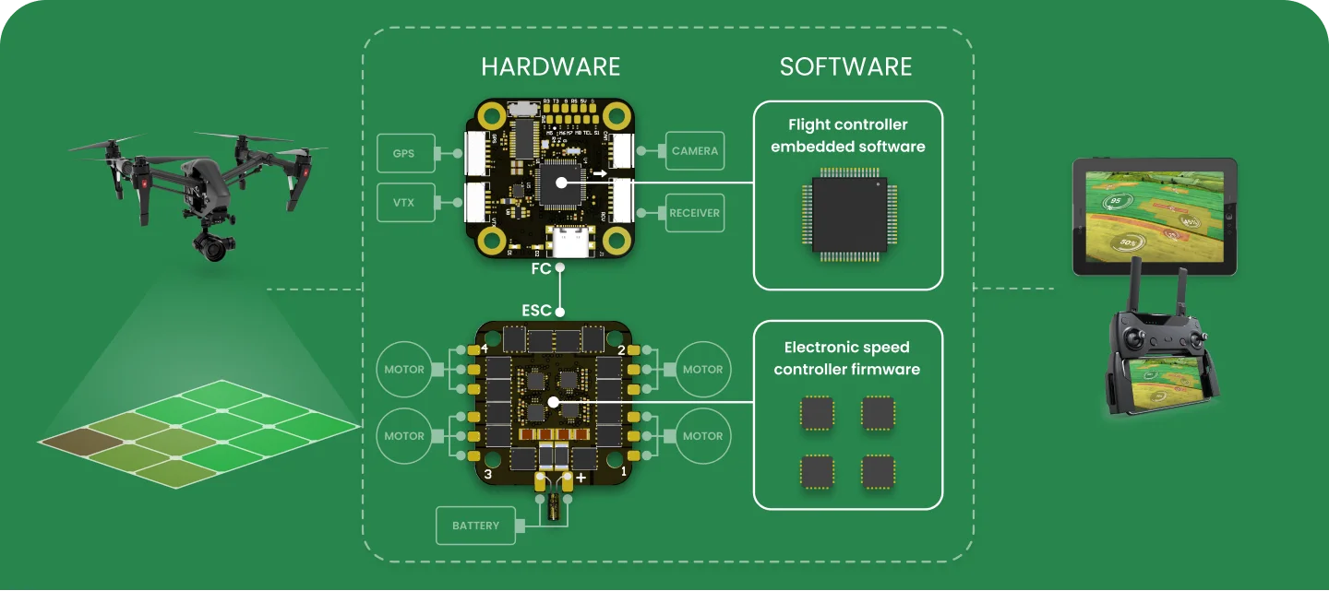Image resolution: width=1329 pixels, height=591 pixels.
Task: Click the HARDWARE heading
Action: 550,67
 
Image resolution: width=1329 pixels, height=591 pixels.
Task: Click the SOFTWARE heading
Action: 845,67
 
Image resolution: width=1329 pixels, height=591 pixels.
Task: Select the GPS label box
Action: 403,153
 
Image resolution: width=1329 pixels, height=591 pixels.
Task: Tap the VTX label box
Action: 403,203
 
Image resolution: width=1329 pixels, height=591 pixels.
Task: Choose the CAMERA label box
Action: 694,150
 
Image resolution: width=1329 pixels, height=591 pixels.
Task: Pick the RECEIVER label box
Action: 694,213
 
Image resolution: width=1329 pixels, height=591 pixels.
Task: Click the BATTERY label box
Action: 475,526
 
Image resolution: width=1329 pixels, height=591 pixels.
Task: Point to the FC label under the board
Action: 541,269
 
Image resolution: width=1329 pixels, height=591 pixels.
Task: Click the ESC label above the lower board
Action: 536,311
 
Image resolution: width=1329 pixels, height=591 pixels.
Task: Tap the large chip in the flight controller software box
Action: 849,214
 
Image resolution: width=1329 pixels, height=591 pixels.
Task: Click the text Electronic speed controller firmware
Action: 847,359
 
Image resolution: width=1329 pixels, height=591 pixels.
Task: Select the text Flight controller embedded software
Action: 847,136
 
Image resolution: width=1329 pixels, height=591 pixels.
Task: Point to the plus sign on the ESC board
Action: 581,478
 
